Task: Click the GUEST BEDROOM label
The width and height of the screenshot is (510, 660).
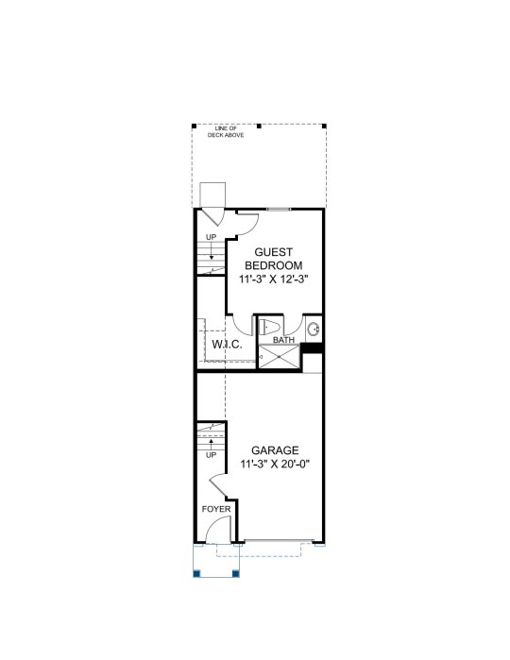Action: (x=274, y=259)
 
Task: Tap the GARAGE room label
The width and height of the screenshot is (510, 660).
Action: (x=275, y=450)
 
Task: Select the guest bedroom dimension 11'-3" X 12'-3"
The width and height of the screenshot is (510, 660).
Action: (x=274, y=279)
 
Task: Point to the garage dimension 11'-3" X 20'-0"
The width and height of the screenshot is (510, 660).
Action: (x=275, y=464)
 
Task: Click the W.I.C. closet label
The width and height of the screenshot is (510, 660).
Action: (x=227, y=345)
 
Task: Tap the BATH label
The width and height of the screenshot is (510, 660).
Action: (x=283, y=340)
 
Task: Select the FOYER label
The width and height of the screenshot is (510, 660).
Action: (x=216, y=509)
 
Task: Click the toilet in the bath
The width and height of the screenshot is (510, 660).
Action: (x=268, y=327)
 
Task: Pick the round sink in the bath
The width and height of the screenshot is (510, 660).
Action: (x=314, y=329)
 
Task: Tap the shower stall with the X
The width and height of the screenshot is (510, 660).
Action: (x=279, y=357)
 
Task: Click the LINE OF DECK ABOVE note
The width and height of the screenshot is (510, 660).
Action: (x=226, y=132)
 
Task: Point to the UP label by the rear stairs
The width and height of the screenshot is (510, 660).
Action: (x=211, y=237)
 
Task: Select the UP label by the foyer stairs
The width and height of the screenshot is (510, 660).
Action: (x=211, y=455)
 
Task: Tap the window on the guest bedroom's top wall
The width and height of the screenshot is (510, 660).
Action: (x=279, y=209)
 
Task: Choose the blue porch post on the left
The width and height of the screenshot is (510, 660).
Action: (x=196, y=573)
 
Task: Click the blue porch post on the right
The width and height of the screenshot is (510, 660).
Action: (x=236, y=573)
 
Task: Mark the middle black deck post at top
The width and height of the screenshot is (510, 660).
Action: (x=259, y=126)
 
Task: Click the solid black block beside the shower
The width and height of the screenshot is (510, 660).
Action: (x=312, y=348)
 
